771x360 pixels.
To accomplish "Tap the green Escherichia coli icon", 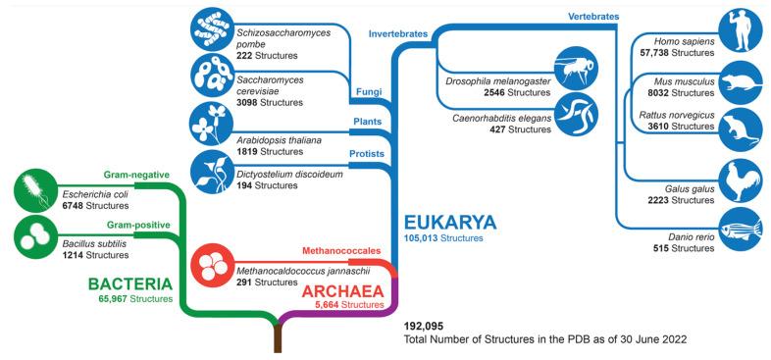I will tap(38, 190).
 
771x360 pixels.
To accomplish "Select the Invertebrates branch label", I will tap(397, 34).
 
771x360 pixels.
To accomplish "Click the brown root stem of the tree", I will tap(279, 340).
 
